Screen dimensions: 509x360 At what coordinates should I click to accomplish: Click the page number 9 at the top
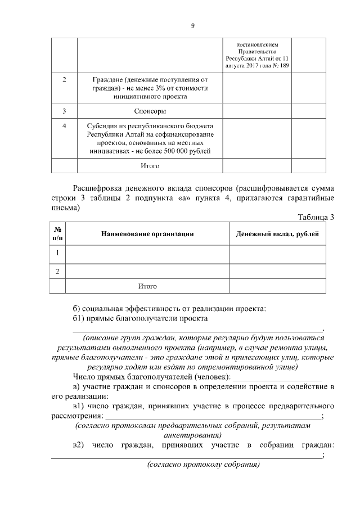coord(192,25)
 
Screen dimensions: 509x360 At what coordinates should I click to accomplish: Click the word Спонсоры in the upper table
coord(150,111)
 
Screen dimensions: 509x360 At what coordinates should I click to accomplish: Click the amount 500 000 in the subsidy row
coord(174,151)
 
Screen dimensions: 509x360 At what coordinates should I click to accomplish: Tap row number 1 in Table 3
coord(57,253)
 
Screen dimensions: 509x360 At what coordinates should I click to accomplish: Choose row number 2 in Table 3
coord(57,272)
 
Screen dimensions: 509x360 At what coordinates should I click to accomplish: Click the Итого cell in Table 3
coord(147,286)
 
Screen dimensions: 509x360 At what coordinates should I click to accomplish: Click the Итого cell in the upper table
coord(150,166)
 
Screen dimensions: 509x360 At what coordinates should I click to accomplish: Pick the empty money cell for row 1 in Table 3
coord(277,254)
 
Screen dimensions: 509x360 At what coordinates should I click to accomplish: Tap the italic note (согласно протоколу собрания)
coord(203,465)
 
